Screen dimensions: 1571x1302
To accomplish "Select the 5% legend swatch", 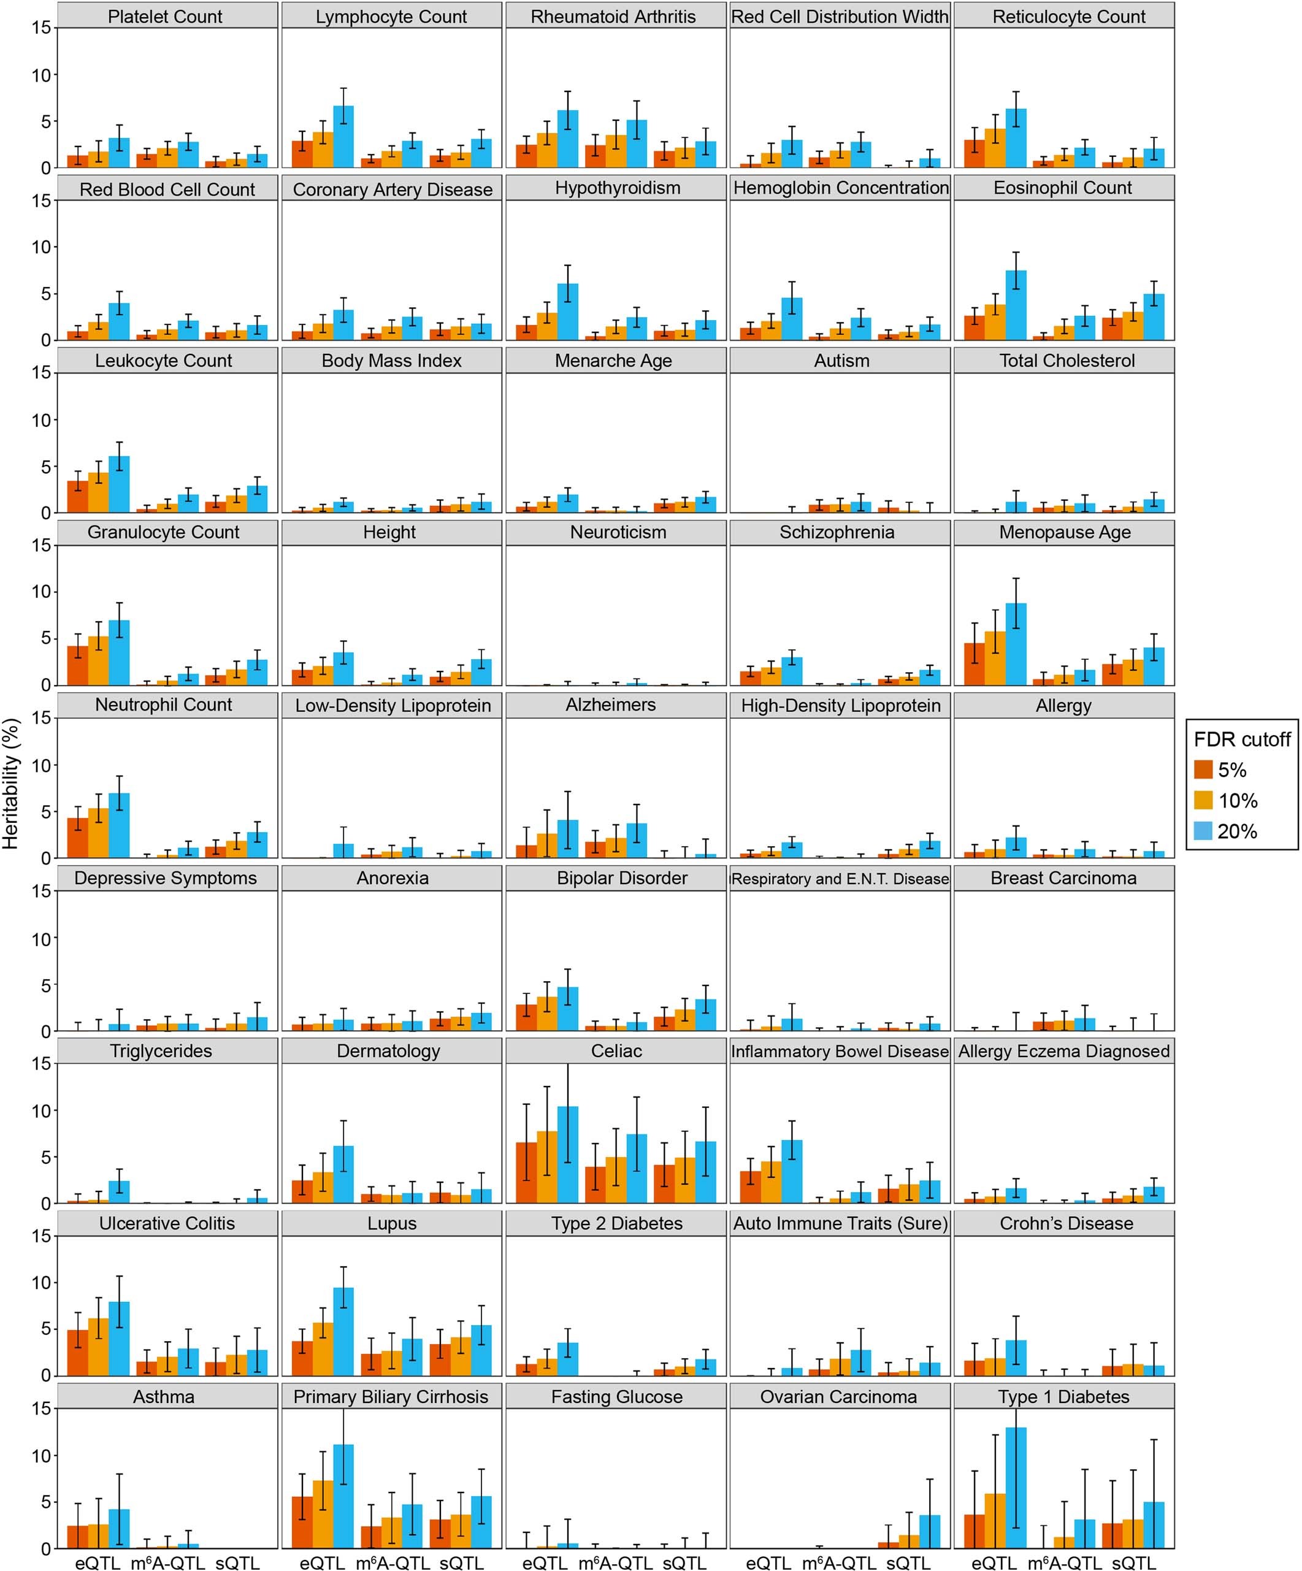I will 1203,770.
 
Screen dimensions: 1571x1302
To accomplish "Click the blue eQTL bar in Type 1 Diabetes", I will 1016,1489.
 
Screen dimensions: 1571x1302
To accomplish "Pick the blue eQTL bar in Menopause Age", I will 1016,644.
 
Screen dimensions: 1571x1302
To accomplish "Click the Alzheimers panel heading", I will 611,705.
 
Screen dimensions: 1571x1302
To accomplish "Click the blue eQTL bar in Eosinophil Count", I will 1016,305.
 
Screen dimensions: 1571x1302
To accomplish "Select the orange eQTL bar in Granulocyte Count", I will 98,660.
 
